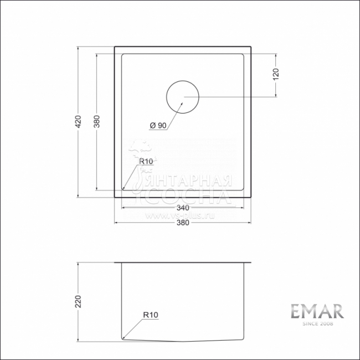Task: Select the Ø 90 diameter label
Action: pos(158,126)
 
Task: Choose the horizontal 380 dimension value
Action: pos(183,223)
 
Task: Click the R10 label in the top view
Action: pos(146,161)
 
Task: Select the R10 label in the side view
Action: pos(151,315)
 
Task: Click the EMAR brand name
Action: pos(317,311)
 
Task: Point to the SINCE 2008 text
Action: pos(317,324)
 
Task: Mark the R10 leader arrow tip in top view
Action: pos(123,189)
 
